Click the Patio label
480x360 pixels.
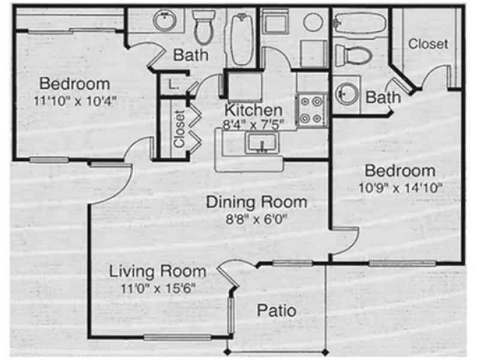coord(276,311)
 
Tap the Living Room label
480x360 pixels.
coord(157,271)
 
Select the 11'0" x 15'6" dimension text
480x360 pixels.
coord(157,288)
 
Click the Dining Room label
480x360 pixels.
coord(256,202)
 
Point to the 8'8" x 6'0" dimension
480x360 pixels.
coord(256,219)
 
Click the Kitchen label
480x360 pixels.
coord(253,110)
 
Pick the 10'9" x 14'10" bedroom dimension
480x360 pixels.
coord(400,187)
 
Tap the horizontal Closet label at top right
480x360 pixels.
coord(428,44)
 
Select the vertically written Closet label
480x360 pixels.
coord(179,129)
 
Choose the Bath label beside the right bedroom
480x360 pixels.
coord(383,97)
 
